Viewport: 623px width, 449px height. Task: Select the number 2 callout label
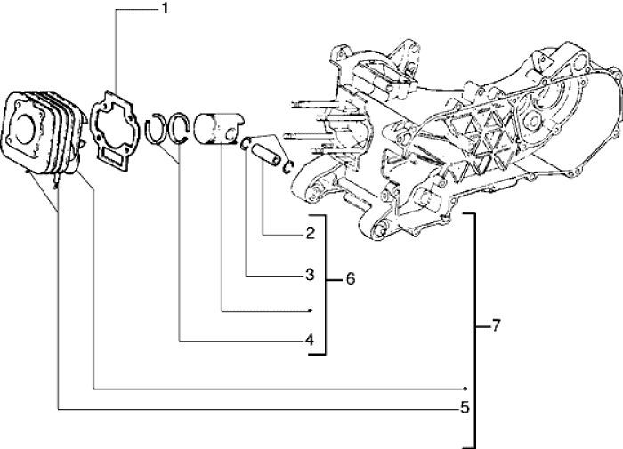310,234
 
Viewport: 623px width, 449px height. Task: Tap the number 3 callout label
310,276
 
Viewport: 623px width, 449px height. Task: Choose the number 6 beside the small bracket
350,279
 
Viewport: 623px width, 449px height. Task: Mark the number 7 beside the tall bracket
496,326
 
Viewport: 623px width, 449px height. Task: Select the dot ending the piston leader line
310,310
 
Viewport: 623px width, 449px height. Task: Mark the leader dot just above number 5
465,389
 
